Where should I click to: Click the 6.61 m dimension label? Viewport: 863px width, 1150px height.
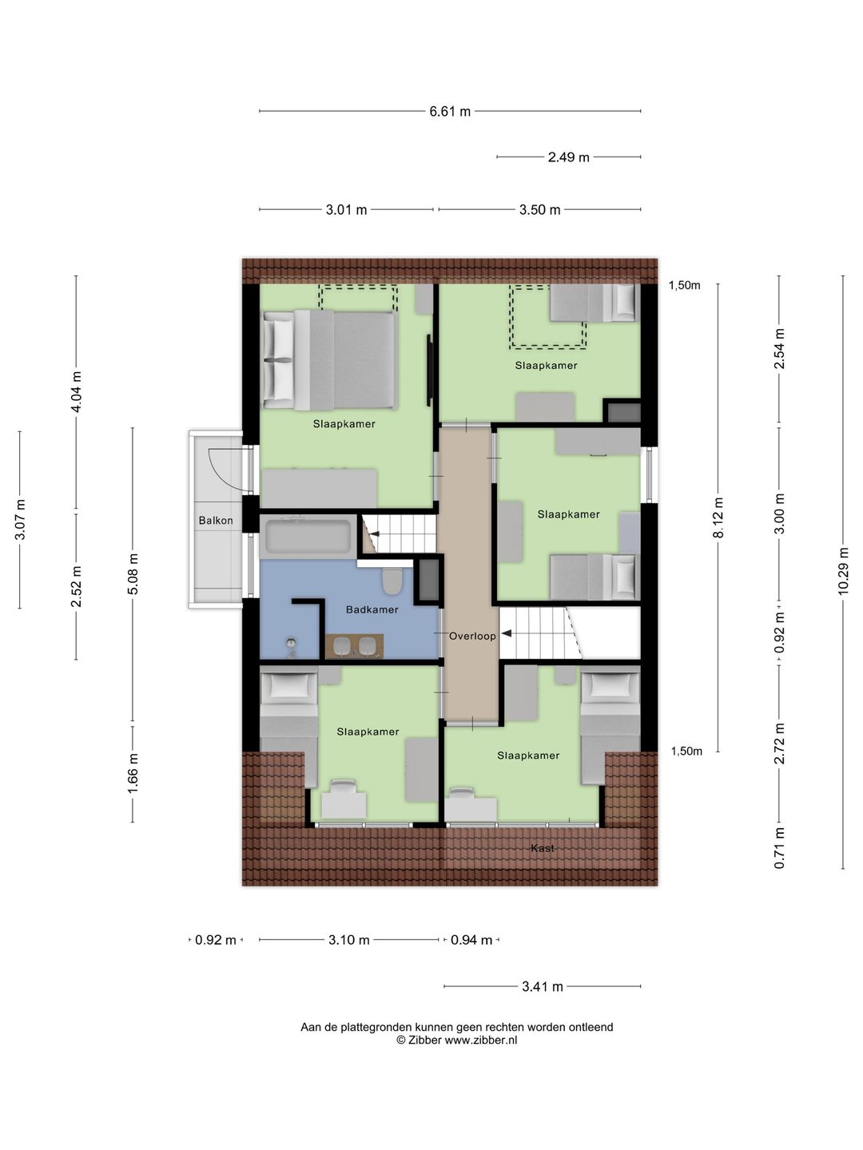pos(450,112)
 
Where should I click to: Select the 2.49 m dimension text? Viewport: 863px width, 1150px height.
pos(568,157)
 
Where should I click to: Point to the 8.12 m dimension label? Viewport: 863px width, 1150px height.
pos(718,517)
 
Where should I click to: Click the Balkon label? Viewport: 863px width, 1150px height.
pos(216,520)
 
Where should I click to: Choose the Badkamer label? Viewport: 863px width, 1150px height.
pos(372,609)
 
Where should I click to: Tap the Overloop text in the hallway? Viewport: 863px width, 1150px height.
pos(472,636)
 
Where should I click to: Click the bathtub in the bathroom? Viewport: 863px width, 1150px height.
pos(308,535)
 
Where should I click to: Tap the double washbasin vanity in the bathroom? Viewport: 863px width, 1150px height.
pos(354,646)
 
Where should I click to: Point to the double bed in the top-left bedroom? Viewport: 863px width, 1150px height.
pos(329,359)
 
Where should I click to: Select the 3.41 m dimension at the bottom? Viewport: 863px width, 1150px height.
pos(543,986)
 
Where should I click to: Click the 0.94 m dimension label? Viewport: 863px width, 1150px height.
pos(471,940)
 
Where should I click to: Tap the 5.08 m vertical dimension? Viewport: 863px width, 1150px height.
pos(133,573)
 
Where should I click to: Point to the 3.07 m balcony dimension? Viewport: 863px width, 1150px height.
pos(20,520)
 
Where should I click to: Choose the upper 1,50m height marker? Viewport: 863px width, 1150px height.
pos(684,286)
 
